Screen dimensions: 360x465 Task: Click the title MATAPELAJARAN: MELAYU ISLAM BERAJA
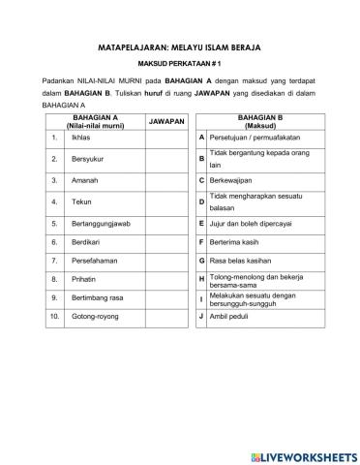[x=179, y=46]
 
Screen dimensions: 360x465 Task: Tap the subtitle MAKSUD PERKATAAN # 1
[x=179, y=63]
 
